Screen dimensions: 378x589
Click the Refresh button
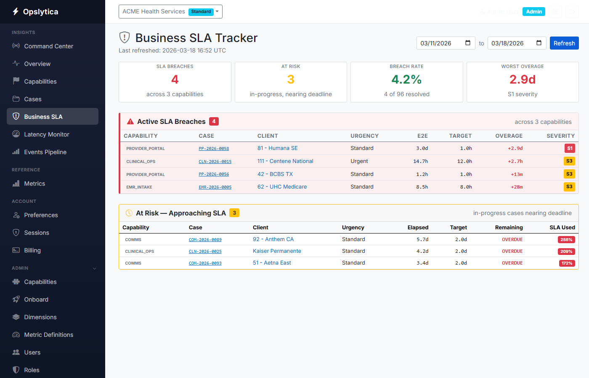pyautogui.click(x=564, y=43)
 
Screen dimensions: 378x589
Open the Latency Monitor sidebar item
pyautogui.click(x=46, y=134)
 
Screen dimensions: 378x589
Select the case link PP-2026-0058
pyautogui.click(x=214, y=149)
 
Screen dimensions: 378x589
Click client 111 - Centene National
pyautogui.click(x=285, y=161)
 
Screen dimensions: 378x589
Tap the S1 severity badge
pyautogui.click(x=569, y=148)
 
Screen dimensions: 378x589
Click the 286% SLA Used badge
pyautogui.click(x=566, y=240)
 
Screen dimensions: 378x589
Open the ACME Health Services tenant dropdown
pyautogui.click(x=170, y=12)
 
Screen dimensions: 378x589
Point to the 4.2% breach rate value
pyautogui.click(x=406, y=79)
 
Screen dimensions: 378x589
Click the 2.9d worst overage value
pyautogui.click(x=522, y=79)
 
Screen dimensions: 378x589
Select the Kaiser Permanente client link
pyautogui.click(x=277, y=251)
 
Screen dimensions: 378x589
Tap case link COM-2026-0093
pyautogui.click(x=205, y=263)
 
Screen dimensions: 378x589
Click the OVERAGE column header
pyautogui.click(x=509, y=136)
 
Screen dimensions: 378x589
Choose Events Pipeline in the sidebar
pyautogui.click(x=45, y=152)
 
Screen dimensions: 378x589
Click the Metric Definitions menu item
pyautogui.click(x=48, y=335)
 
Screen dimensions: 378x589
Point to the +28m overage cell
pyautogui.click(x=517, y=187)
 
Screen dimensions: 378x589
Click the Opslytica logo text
pyautogui.click(x=40, y=12)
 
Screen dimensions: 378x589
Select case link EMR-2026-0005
pyautogui.click(x=215, y=187)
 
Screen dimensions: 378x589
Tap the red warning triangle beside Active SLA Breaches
pyautogui.click(x=130, y=122)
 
